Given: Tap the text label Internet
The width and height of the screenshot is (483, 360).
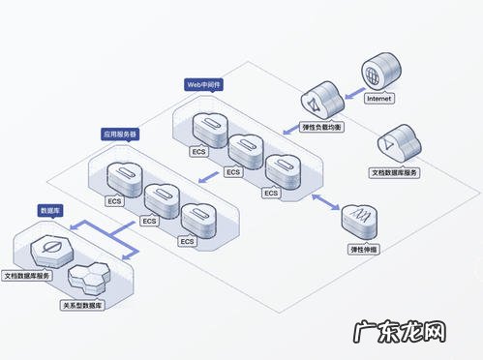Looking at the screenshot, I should point(379,98).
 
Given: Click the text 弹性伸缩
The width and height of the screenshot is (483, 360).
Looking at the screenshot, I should point(364,250).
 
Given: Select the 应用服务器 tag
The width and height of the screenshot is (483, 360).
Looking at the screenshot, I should point(120,135).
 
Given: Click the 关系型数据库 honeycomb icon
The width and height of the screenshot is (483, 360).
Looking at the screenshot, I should point(90,280).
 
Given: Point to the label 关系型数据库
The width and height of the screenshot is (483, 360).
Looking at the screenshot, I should point(84,304).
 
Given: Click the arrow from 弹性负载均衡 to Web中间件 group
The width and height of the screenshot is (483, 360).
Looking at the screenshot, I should point(291,127).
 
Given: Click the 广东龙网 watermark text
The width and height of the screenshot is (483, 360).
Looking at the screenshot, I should point(408,331).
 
